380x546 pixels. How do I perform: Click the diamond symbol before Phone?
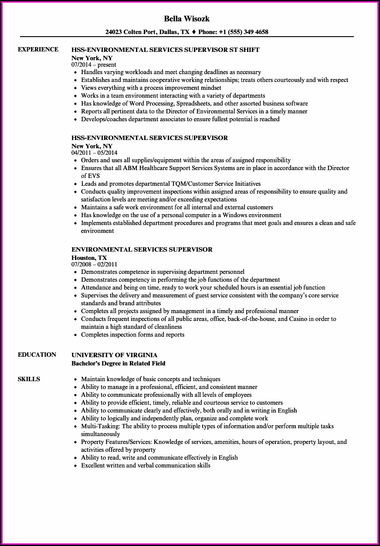pos(194,32)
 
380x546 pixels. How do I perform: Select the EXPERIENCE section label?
pos(38,49)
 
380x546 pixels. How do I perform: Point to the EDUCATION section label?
pos(37,355)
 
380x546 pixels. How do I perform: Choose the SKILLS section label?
pos(29,379)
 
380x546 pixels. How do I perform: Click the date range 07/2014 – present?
pos(94,65)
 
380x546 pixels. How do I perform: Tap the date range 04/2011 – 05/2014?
pos(94,153)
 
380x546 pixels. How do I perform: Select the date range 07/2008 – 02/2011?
pos(94,264)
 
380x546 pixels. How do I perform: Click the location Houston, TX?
pos(89,257)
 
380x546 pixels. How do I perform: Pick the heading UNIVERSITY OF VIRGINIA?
pos(114,355)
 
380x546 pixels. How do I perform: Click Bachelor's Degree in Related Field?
pos(119,363)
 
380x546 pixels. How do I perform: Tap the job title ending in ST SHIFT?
pos(165,50)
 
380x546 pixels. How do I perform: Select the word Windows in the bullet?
pos(235,215)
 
